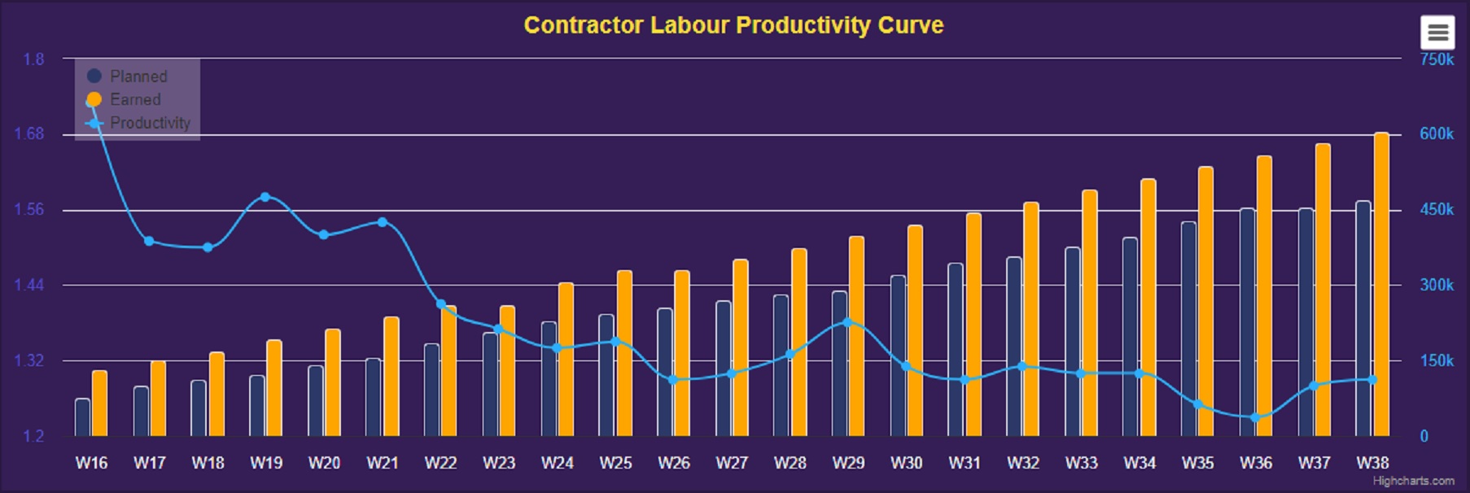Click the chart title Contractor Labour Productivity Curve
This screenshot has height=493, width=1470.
(733, 25)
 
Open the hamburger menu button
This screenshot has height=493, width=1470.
(1437, 33)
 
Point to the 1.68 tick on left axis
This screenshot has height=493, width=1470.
(29, 133)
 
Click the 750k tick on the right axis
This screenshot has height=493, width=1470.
(1437, 59)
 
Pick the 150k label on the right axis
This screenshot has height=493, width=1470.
(1437, 360)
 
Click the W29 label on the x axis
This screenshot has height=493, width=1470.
(848, 463)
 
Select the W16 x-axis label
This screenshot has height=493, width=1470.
(91, 463)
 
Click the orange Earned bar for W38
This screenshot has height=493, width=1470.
(1381, 285)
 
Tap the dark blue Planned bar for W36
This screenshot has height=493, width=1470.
(1248, 321)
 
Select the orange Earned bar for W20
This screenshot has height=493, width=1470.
(333, 382)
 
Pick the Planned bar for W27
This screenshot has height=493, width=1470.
(724, 368)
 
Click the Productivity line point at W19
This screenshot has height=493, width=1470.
(265, 197)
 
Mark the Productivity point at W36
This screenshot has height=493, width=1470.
(1255, 417)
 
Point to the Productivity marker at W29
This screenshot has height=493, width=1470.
(848, 322)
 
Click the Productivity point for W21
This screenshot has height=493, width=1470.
(382, 222)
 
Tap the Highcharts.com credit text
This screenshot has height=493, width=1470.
(1413, 481)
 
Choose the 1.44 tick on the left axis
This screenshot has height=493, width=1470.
(29, 285)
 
